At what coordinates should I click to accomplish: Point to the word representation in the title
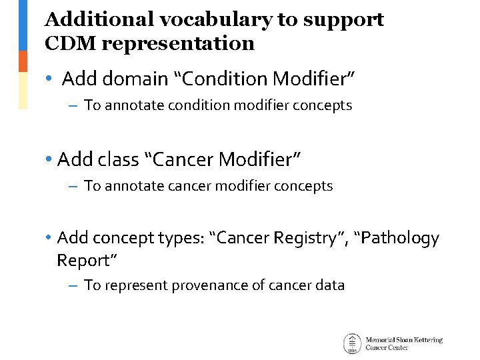tap(179, 44)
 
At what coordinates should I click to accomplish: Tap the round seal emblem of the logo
tap(352, 343)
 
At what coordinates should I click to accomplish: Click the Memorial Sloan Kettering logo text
tap(403, 343)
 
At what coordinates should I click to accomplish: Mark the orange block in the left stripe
tap(23, 61)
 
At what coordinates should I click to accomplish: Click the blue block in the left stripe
tap(23, 25)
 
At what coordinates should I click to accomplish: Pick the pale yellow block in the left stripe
tap(23, 90)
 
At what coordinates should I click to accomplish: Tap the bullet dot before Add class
tap(49, 160)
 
